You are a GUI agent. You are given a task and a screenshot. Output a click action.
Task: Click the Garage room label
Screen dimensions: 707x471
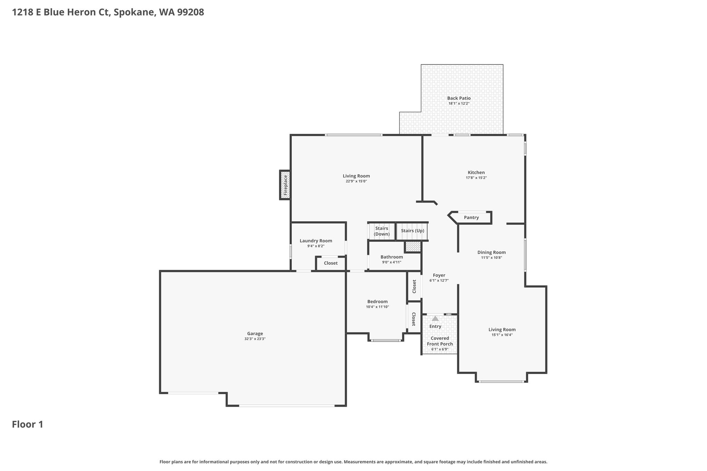pyautogui.click(x=255, y=334)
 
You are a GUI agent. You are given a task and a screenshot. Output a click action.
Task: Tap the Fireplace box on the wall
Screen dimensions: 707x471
pyautogui.click(x=285, y=185)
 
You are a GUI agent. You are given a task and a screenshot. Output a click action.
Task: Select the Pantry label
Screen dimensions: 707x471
pyautogui.click(x=471, y=218)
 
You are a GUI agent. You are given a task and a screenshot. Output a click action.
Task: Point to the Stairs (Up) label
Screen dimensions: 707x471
pyautogui.click(x=413, y=231)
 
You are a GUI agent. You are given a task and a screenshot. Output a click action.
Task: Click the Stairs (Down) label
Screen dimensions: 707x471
pyautogui.click(x=382, y=231)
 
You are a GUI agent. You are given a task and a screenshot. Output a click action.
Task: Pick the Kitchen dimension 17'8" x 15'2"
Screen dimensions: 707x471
pyautogui.click(x=476, y=178)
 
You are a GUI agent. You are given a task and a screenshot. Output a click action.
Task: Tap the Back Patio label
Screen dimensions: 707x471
pyautogui.click(x=459, y=98)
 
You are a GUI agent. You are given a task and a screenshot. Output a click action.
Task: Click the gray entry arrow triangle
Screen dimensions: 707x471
pyautogui.click(x=435, y=318)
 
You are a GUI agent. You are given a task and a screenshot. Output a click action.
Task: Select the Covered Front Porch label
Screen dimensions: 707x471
pyautogui.click(x=440, y=341)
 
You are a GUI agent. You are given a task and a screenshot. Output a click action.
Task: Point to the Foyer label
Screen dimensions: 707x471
pyautogui.click(x=439, y=275)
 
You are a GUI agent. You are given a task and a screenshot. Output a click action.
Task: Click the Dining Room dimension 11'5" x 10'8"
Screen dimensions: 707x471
pyautogui.click(x=492, y=258)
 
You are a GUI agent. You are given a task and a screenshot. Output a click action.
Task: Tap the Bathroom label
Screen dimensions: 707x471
pyautogui.click(x=392, y=257)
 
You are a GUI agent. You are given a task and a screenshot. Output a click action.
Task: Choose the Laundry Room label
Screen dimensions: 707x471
pyautogui.click(x=316, y=241)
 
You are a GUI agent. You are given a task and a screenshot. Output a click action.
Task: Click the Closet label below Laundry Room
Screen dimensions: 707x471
pyautogui.click(x=331, y=263)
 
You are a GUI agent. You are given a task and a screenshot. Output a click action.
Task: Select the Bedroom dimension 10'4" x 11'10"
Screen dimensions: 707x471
pyautogui.click(x=378, y=307)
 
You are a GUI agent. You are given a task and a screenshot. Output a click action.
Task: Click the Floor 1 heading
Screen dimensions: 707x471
pyautogui.click(x=28, y=424)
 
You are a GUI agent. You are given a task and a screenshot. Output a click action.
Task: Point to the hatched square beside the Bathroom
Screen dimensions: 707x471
pyautogui.click(x=413, y=247)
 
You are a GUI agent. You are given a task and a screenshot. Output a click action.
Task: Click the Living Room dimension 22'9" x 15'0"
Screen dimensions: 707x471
pyautogui.click(x=356, y=181)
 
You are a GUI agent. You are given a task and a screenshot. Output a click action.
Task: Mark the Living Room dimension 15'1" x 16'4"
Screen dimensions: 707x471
pyautogui.click(x=502, y=335)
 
